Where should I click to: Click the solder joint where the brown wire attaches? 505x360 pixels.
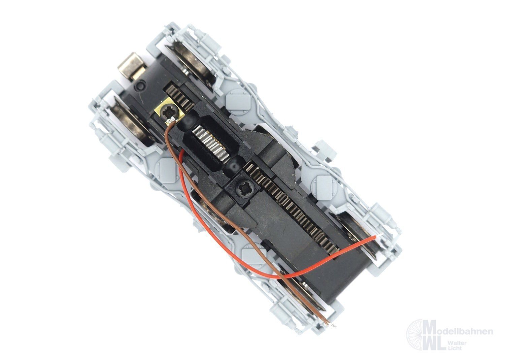(x=172, y=119)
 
